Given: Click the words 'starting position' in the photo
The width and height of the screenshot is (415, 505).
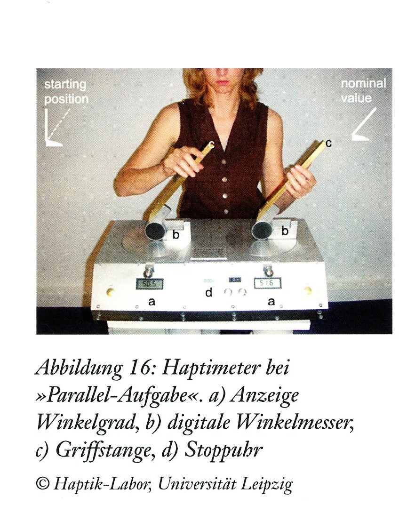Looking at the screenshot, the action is pyautogui.click(x=66, y=91).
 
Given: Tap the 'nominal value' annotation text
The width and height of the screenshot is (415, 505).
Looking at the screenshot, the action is pyautogui.click(x=363, y=90).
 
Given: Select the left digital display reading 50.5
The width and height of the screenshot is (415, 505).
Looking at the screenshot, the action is pyautogui.click(x=149, y=284).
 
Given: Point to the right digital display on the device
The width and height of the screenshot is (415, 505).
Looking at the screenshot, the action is pyautogui.click(x=267, y=283).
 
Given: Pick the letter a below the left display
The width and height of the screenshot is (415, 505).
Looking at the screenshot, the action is pyautogui.click(x=152, y=302).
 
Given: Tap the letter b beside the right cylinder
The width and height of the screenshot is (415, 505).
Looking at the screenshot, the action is pyautogui.click(x=285, y=231).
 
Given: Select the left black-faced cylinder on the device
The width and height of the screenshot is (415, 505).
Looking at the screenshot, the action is pyautogui.click(x=153, y=230).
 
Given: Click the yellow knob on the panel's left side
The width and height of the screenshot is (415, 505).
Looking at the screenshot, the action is pyautogui.click(x=111, y=292).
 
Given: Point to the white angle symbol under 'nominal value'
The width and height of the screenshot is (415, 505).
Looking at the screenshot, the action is pyautogui.click(x=363, y=125).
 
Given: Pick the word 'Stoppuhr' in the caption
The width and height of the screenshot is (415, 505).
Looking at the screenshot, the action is pyautogui.click(x=222, y=450).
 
